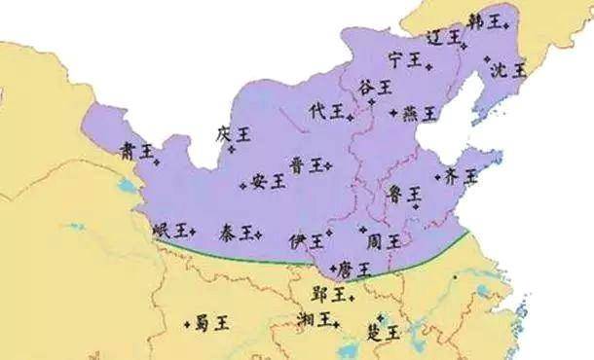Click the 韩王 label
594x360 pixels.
(486, 19)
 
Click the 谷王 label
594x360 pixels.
(376, 88)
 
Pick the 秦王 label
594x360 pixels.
(238, 232)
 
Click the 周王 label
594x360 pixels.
(381, 239)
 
